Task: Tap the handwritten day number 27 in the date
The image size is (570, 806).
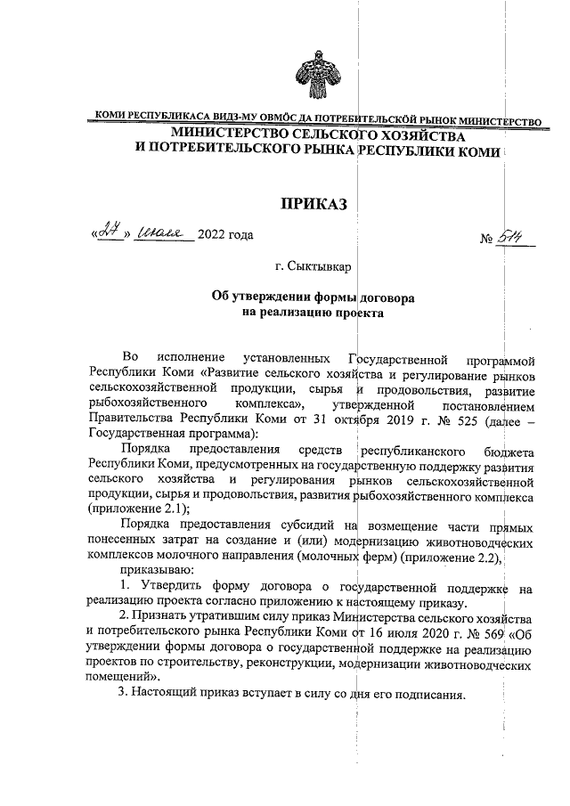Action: coord(111,234)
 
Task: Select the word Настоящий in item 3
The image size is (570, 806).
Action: coord(171,695)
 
